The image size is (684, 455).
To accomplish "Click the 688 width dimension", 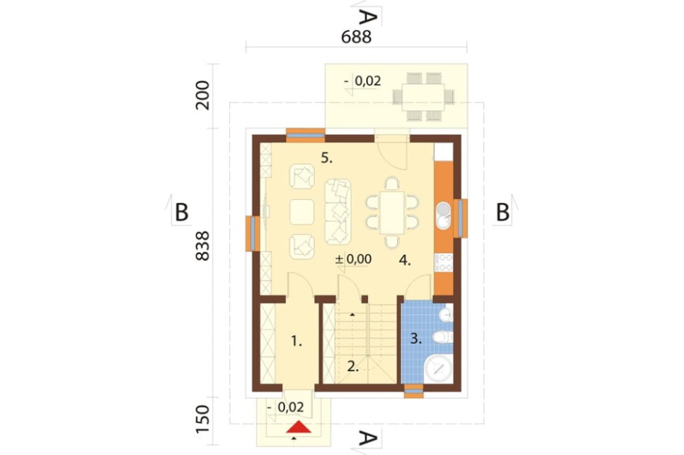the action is (x=356, y=37).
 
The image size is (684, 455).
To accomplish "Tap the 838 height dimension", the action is (x=202, y=246).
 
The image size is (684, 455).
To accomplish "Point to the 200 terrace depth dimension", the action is (x=203, y=95).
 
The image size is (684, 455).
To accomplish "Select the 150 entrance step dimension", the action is (x=203, y=419).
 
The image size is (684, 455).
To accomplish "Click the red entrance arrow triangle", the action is (x=299, y=427).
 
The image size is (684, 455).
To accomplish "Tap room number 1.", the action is (x=297, y=342).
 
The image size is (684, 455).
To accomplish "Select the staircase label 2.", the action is (x=353, y=367).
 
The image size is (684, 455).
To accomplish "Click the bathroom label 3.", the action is (x=416, y=339).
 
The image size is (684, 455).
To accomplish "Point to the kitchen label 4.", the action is (x=405, y=260).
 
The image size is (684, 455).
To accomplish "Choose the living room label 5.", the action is (x=327, y=158).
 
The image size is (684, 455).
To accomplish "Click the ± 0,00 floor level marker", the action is (x=354, y=260).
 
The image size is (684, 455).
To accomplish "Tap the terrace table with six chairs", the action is (x=423, y=96).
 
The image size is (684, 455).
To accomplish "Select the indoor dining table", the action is (x=392, y=212).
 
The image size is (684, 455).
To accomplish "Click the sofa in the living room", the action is (x=338, y=211).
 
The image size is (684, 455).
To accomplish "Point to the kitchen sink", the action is (x=443, y=215).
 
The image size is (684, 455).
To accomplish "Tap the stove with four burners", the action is (x=444, y=263).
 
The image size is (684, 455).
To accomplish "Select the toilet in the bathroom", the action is (x=443, y=337).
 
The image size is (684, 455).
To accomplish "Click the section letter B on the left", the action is (x=181, y=212).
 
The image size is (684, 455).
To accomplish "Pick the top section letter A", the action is (x=367, y=18).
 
